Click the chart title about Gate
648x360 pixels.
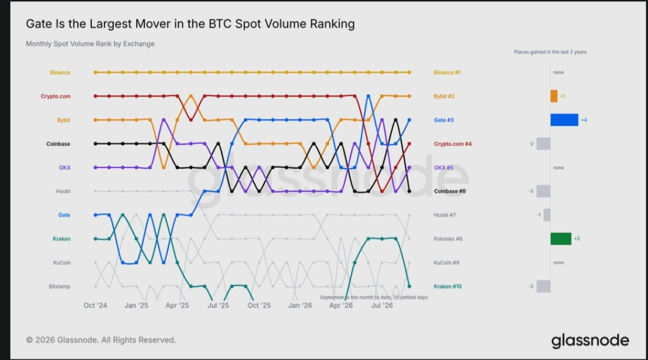(190, 24)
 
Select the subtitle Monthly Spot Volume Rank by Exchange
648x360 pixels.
(90, 44)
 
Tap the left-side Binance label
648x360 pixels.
(60, 73)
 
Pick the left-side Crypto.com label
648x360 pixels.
(55, 97)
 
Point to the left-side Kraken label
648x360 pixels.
(62, 239)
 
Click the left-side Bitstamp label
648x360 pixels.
(59, 286)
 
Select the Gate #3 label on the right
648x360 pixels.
(443, 120)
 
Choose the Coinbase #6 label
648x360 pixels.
(449, 191)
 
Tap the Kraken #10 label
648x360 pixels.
(448, 286)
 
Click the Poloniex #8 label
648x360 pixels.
(448, 239)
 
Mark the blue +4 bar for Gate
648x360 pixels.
(564, 120)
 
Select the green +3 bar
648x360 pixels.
(561, 239)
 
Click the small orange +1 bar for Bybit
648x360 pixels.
(554, 97)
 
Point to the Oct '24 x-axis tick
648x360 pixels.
(95, 305)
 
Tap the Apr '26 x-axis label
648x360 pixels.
(341, 305)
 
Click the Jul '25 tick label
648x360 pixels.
(218, 305)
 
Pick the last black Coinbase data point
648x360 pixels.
(409, 191)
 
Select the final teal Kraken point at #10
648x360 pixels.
(409, 286)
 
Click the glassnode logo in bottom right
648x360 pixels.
(590, 341)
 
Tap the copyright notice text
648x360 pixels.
(101, 340)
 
